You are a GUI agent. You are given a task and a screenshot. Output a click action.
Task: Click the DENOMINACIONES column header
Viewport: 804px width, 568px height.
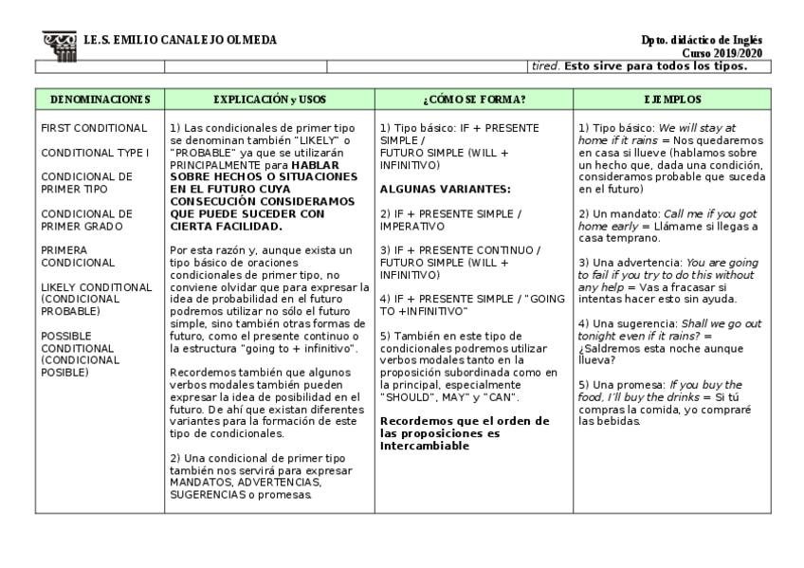tap(100, 99)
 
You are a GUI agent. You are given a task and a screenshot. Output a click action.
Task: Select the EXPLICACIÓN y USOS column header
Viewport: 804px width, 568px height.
tap(269, 99)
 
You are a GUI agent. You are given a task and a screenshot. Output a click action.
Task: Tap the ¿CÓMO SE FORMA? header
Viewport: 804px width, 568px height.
tap(473, 99)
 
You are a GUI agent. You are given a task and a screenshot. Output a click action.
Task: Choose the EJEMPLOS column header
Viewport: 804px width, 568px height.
tap(672, 99)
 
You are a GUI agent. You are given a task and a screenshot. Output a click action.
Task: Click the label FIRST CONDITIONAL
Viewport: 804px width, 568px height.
tap(94, 128)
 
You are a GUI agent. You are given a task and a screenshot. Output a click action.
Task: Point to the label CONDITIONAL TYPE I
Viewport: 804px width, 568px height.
tap(95, 153)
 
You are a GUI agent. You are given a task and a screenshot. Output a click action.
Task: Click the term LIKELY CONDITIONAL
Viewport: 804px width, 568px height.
tap(96, 287)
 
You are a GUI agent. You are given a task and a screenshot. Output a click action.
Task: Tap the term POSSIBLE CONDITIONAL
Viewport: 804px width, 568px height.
tap(81, 341)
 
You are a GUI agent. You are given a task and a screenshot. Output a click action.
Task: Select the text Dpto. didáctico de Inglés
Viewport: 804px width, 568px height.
tap(701, 41)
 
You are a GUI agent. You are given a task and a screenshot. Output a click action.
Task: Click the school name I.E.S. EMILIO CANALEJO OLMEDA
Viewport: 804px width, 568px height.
tap(180, 41)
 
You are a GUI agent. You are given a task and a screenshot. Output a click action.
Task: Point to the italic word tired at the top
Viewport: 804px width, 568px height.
tap(545, 66)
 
